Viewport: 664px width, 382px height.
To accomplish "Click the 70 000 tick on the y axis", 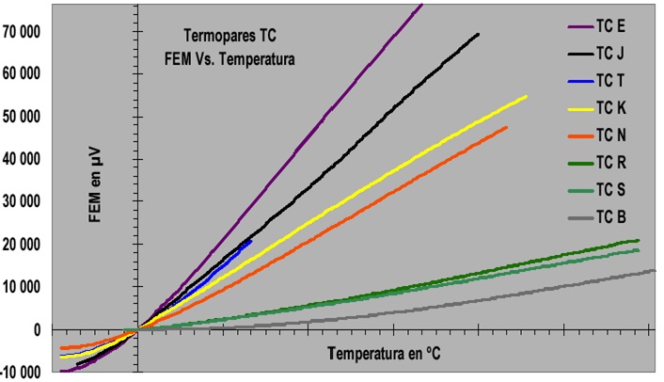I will click(x=25, y=31).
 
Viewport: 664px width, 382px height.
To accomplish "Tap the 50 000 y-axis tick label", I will click(x=25, y=117).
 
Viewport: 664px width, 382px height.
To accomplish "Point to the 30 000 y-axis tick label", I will click(x=25, y=201).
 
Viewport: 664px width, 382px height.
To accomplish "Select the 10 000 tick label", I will click(x=25, y=287).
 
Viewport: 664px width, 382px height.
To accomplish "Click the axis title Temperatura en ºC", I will click(x=385, y=355).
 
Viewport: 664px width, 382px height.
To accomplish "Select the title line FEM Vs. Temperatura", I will click(x=228, y=58).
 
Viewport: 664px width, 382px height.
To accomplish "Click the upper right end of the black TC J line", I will click(x=478, y=35).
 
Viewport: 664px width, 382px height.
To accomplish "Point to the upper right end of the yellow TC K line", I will click(x=526, y=97).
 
